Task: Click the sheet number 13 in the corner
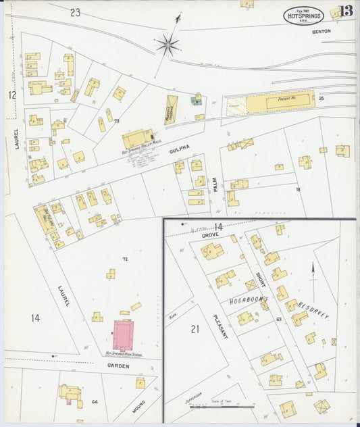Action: (346, 11)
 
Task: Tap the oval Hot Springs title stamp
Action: (303, 16)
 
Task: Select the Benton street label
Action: (322, 32)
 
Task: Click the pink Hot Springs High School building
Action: (123, 334)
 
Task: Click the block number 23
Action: (75, 12)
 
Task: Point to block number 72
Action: (125, 259)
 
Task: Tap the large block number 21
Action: (195, 329)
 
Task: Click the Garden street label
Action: (118, 365)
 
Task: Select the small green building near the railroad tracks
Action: (196, 101)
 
